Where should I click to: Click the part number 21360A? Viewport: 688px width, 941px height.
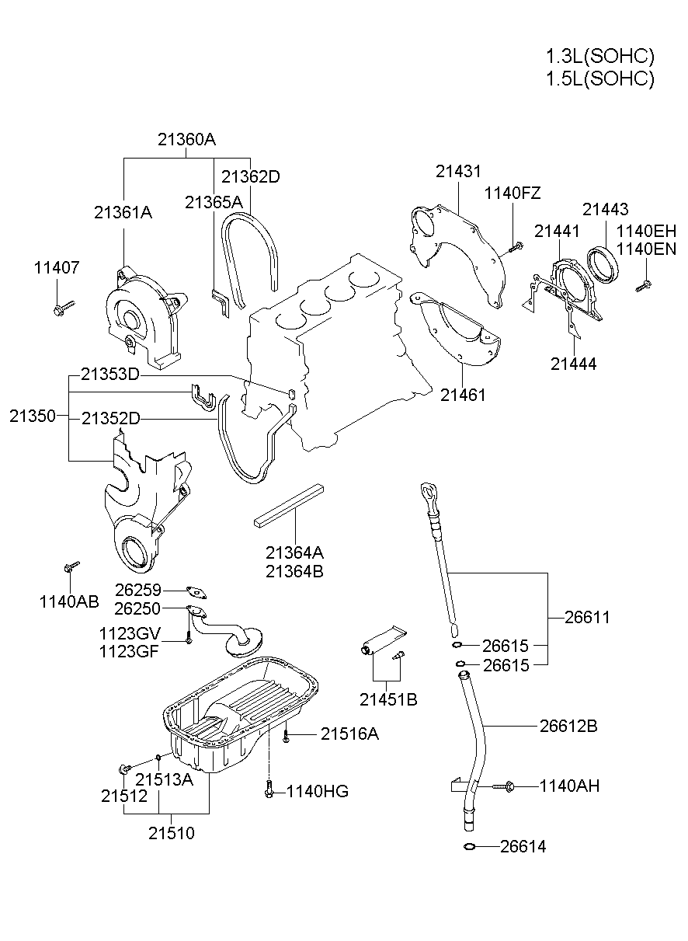pos(186,140)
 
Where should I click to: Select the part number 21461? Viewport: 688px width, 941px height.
pos(463,395)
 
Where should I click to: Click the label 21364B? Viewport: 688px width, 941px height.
pos(294,571)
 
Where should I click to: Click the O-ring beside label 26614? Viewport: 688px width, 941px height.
pos(469,846)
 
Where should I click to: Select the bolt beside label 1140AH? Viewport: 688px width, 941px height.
pos(506,786)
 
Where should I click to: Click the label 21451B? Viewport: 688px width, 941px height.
pos(388,699)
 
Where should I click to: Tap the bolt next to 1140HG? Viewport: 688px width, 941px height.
pos(269,789)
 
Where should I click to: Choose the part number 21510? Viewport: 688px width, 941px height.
pos(172,833)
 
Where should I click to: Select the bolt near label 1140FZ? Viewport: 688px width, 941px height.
pos(514,248)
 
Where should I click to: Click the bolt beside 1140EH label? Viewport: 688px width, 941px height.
pos(642,285)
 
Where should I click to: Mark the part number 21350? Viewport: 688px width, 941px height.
pos(33,416)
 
